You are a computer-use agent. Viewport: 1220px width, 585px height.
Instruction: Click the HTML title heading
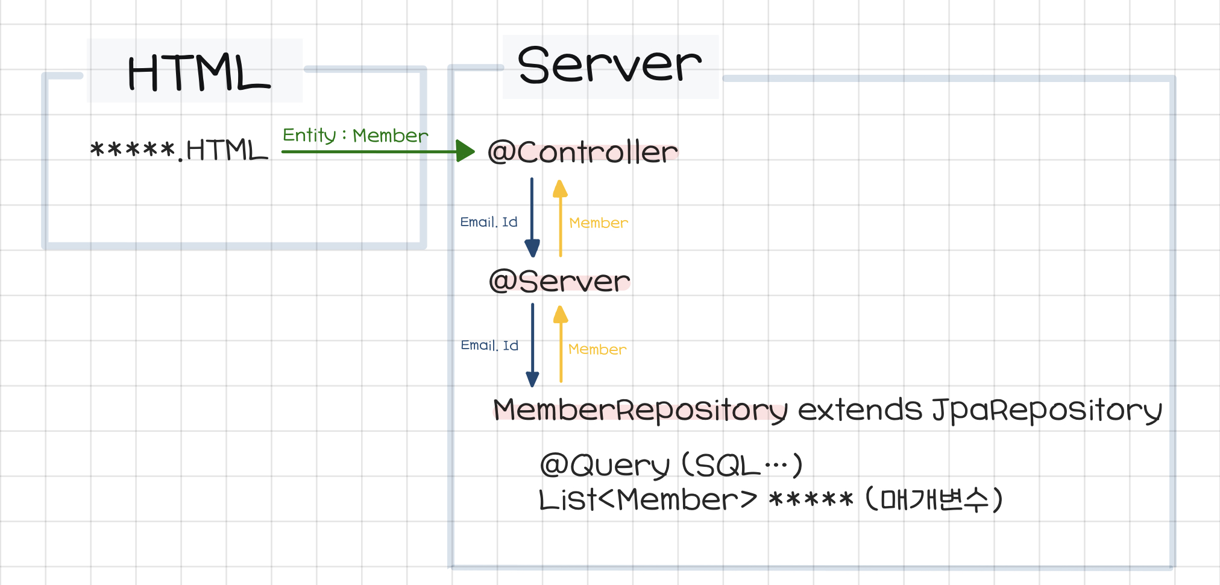(x=199, y=72)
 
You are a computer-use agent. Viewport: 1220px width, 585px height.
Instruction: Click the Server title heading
(x=609, y=65)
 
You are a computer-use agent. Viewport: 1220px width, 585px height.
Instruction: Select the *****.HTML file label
(x=179, y=150)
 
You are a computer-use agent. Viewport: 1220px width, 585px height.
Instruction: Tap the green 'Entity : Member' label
(x=355, y=135)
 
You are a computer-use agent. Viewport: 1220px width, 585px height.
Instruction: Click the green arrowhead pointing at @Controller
(x=465, y=151)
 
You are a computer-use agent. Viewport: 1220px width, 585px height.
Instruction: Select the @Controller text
(x=582, y=152)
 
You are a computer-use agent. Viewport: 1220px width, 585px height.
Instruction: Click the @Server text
(x=559, y=281)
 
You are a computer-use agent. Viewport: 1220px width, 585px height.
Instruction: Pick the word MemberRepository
(x=640, y=410)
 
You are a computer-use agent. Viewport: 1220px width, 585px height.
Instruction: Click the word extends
(x=860, y=410)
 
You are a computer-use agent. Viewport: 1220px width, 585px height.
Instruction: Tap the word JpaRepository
(x=1046, y=410)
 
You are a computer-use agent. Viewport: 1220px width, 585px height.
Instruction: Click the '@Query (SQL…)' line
(x=671, y=466)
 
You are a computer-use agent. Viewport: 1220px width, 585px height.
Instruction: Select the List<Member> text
(x=647, y=500)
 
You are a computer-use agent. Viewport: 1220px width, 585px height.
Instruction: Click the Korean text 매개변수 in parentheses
(x=934, y=499)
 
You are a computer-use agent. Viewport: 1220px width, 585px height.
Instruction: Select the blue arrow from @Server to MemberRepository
(x=532, y=344)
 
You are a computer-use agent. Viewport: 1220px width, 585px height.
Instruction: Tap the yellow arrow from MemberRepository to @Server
(x=561, y=344)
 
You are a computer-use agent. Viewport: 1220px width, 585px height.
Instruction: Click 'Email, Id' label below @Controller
(x=489, y=222)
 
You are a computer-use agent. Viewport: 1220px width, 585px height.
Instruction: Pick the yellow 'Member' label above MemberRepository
(x=597, y=349)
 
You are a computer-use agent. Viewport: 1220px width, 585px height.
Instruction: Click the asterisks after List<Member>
(x=811, y=500)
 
